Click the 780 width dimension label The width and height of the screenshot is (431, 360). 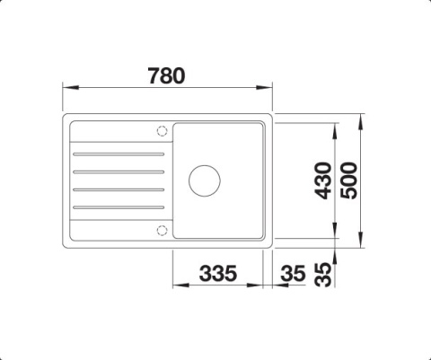click(x=166, y=75)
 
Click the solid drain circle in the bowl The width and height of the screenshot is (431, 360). click(x=205, y=179)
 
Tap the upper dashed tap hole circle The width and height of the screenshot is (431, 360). click(x=162, y=131)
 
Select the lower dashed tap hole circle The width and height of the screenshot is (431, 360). click(x=162, y=230)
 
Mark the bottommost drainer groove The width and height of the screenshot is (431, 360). click(x=119, y=208)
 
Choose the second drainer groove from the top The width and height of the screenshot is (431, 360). click(x=119, y=171)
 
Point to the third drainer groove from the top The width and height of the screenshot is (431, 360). click(x=119, y=189)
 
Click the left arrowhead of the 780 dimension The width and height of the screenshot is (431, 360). click(x=68, y=88)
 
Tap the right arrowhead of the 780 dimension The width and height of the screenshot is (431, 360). click(x=267, y=88)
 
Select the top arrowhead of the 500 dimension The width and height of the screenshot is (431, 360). click(x=360, y=119)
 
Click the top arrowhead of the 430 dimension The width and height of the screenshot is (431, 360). click(x=336, y=127)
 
